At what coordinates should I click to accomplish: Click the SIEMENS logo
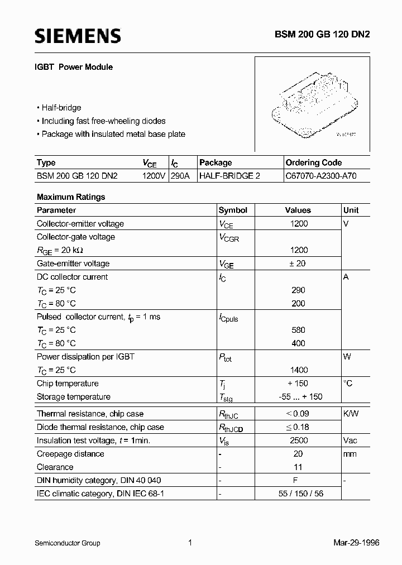coord(78,36)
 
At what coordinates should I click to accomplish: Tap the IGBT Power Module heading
coord(75,67)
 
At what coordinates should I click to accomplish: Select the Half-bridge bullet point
coord(59,108)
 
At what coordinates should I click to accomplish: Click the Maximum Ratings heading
coord(71,197)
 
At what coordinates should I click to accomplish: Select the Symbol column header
coord(233,210)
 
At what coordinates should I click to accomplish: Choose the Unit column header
coord(351,210)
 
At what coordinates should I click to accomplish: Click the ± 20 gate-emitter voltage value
coord(298,264)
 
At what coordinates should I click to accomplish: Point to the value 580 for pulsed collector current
coord(298,330)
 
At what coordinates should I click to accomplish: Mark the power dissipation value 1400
coord(298,370)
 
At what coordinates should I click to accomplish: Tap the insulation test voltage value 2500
coord(298,440)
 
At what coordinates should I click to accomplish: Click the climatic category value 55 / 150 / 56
coord(298,494)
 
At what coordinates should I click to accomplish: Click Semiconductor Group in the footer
coord(67,543)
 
